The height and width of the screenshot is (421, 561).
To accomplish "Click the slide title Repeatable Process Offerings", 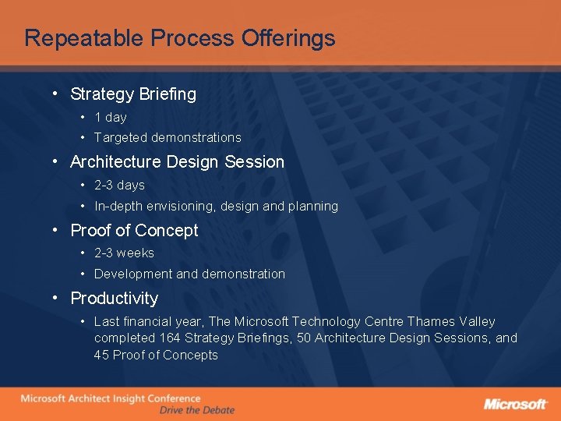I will [x=179, y=38].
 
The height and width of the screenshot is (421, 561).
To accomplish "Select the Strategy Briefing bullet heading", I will [x=133, y=94].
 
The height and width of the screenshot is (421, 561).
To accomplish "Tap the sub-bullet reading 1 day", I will [x=110, y=117].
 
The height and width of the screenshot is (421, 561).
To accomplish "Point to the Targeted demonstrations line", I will [x=168, y=137].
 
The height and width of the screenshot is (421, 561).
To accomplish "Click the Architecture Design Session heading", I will [x=177, y=162].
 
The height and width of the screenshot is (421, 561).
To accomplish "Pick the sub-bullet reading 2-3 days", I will [x=119, y=185].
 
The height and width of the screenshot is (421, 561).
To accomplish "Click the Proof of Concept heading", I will [x=134, y=231].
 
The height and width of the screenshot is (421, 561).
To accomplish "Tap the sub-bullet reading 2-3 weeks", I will [x=124, y=253].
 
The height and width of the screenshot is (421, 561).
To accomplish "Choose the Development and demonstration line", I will [x=189, y=274].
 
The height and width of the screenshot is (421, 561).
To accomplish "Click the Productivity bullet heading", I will [x=114, y=299].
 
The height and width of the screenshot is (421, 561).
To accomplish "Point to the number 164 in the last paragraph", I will [x=170, y=338].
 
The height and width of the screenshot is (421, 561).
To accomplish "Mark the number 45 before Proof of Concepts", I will [x=101, y=355].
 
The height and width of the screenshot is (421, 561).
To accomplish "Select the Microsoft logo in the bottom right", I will [x=515, y=404].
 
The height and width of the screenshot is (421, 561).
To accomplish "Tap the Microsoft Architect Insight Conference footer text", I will [x=110, y=398].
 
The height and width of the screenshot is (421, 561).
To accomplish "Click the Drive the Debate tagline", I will [x=196, y=410].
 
